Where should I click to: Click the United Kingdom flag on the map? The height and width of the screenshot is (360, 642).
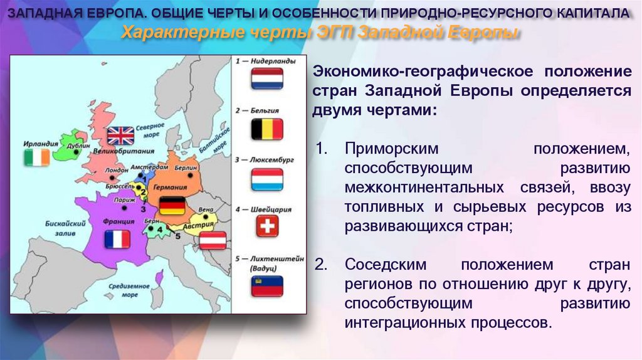tap(120, 135)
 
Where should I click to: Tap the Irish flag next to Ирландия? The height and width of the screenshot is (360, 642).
tap(37, 157)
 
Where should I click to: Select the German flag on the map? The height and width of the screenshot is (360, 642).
tap(171, 206)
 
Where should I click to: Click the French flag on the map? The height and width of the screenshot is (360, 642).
tap(117, 239)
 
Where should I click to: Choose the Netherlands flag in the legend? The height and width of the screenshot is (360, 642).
tap(267, 79)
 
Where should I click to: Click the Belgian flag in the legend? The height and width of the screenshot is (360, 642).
tap(267, 129)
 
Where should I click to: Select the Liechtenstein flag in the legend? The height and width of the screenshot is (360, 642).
tap(267, 285)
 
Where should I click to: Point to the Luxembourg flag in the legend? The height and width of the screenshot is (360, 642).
tap(267, 179)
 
